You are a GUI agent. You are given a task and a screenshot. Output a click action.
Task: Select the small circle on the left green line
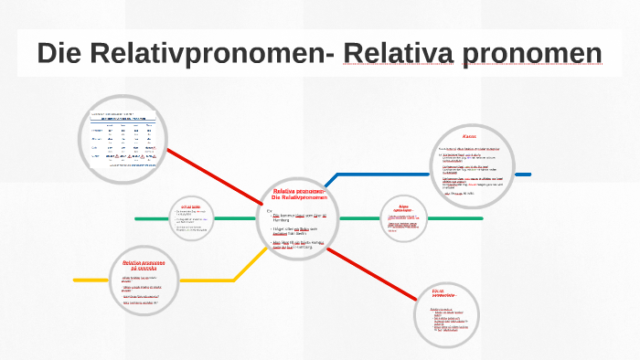click(x=190, y=218)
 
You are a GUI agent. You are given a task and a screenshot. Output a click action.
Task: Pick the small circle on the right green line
click(x=402, y=217)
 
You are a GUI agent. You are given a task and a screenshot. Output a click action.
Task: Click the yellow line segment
click(x=91, y=280)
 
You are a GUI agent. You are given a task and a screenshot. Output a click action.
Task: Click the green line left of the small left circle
click(x=151, y=218)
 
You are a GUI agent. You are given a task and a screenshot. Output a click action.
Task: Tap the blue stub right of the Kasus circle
click(x=522, y=174)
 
